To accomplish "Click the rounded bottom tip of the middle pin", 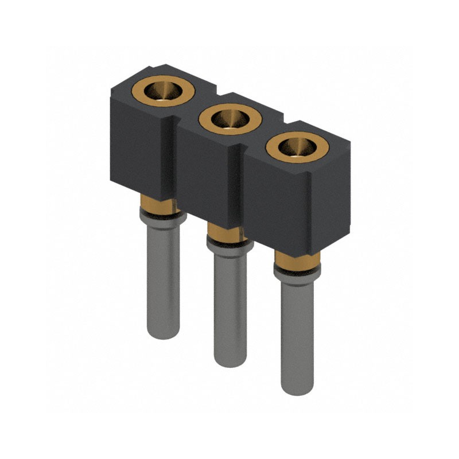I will tap(230, 360).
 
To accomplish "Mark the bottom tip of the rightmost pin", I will tap(297, 389).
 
